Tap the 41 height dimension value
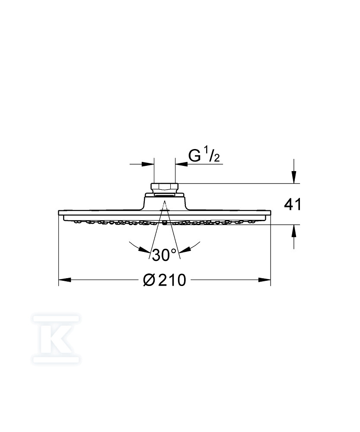coord(293,205)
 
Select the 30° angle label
coord(164,255)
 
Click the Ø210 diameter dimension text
coord(165,280)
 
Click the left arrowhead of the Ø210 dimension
coord(65,280)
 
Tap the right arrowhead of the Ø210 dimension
coord(264,280)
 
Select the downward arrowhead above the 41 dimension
coord(294,177)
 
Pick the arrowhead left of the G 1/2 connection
coord(148,164)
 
